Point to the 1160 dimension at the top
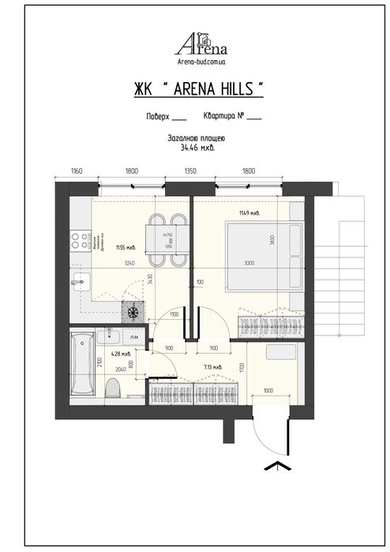pyautogui.click(x=77, y=171)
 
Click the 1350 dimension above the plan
pyautogui.click(x=190, y=171)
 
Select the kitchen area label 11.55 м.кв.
pyautogui.click(x=126, y=246)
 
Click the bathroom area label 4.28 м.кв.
pyautogui.click(x=120, y=355)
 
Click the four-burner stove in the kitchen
pyautogui.click(x=132, y=312)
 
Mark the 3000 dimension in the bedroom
pyautogui.click(x=249, y=263)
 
